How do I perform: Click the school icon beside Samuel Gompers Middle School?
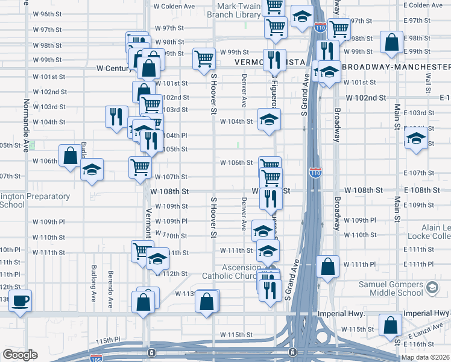pos(432,288)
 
